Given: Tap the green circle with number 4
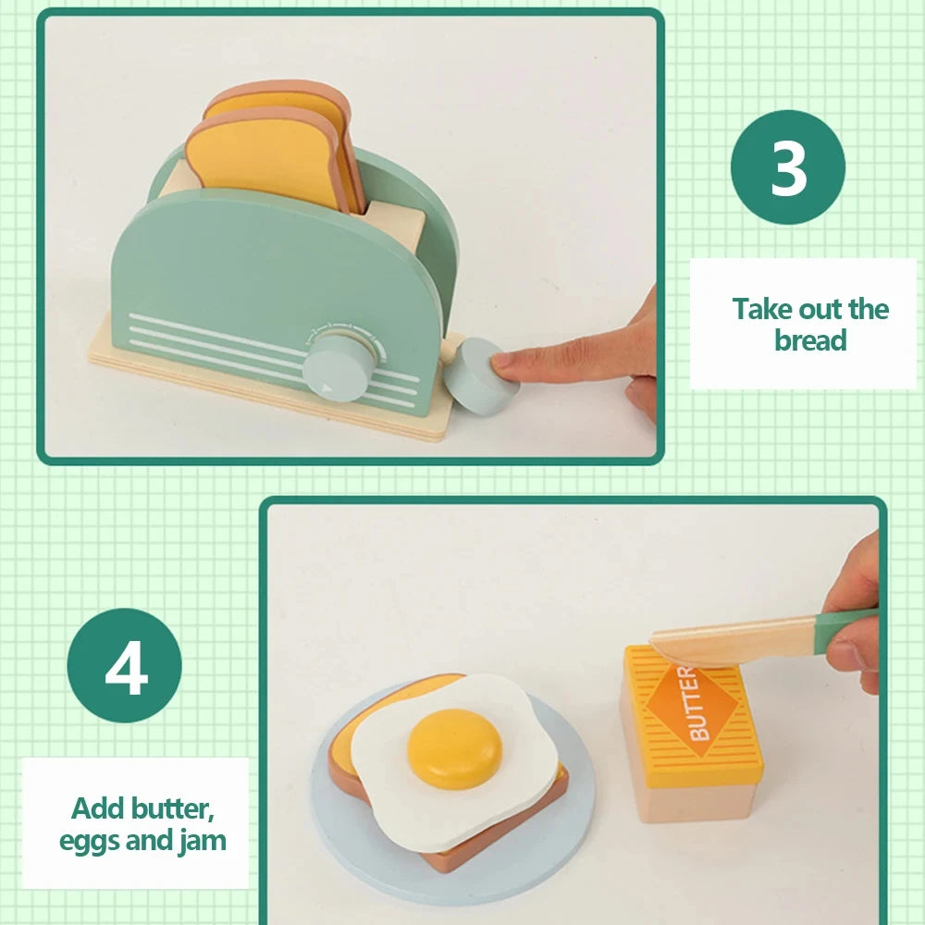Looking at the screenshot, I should [125, 665].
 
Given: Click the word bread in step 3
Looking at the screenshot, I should [810, 340].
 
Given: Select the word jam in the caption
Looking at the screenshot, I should [203, 840].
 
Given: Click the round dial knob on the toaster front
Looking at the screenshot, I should [339, 365].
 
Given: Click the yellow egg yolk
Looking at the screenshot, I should [455, 748].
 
